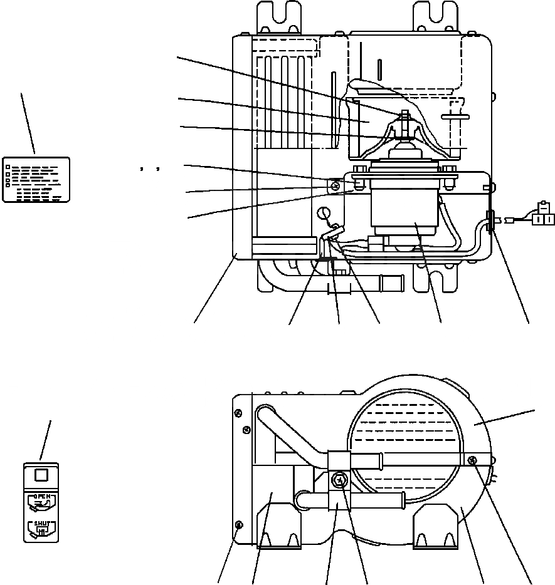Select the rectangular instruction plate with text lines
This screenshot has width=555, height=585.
[x=36, y=179]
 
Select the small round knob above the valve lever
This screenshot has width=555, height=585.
[x=324, y=214]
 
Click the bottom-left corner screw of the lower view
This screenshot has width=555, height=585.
[x=238, y=524]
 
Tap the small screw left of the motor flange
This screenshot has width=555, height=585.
[x=336, y=185]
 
